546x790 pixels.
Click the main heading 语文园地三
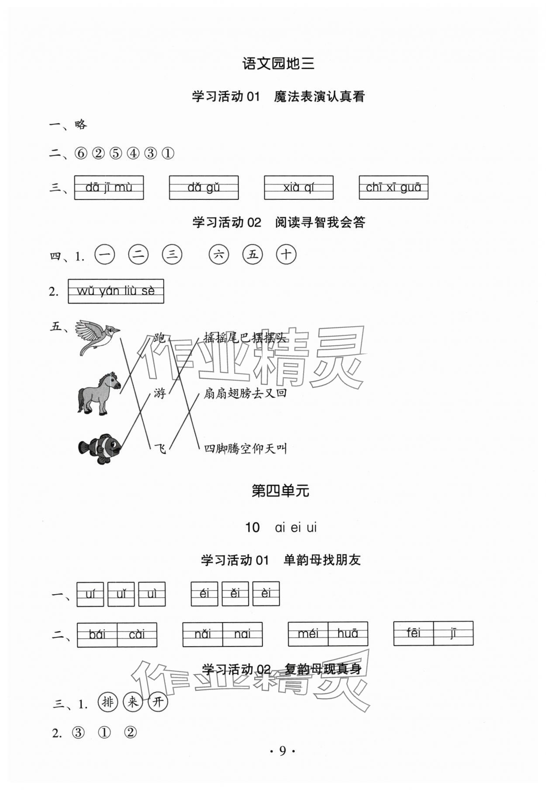pyautogui.click(x=278, y=64)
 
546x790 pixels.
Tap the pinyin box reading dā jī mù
pyautogui.click(x=109, y=188)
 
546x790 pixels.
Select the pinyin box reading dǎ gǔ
pyautogui.click(x=204, y=188)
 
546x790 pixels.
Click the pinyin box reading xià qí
pyautogui.click(x=298, y=188)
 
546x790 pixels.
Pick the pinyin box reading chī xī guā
pyautogui.click(x=393, y=188)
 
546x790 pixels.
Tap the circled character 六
pyautogui.click(x=218, y=254)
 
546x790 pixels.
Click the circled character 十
pyautogui.click(x=286, y=254)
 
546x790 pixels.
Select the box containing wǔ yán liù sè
pyautogui.click(x=116, y=291)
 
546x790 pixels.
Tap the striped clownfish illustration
pyautogui.click(x=100, y=448)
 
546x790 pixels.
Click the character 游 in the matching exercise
pyautogui.click(x=160, y=393)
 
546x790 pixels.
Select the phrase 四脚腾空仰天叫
pyautogui.click(x=245, y=449)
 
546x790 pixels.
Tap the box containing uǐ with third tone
pyautogui.click(x=121, y=594)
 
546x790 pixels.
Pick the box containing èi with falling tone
pyautogui.click(x=266, y=593)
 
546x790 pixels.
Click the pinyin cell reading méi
pyautogui.click(x=308, y=633)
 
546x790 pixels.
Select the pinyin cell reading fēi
pyautogui.click(x=413, y=633)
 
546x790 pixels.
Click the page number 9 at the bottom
pyautogui.click(x=282, y=751)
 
